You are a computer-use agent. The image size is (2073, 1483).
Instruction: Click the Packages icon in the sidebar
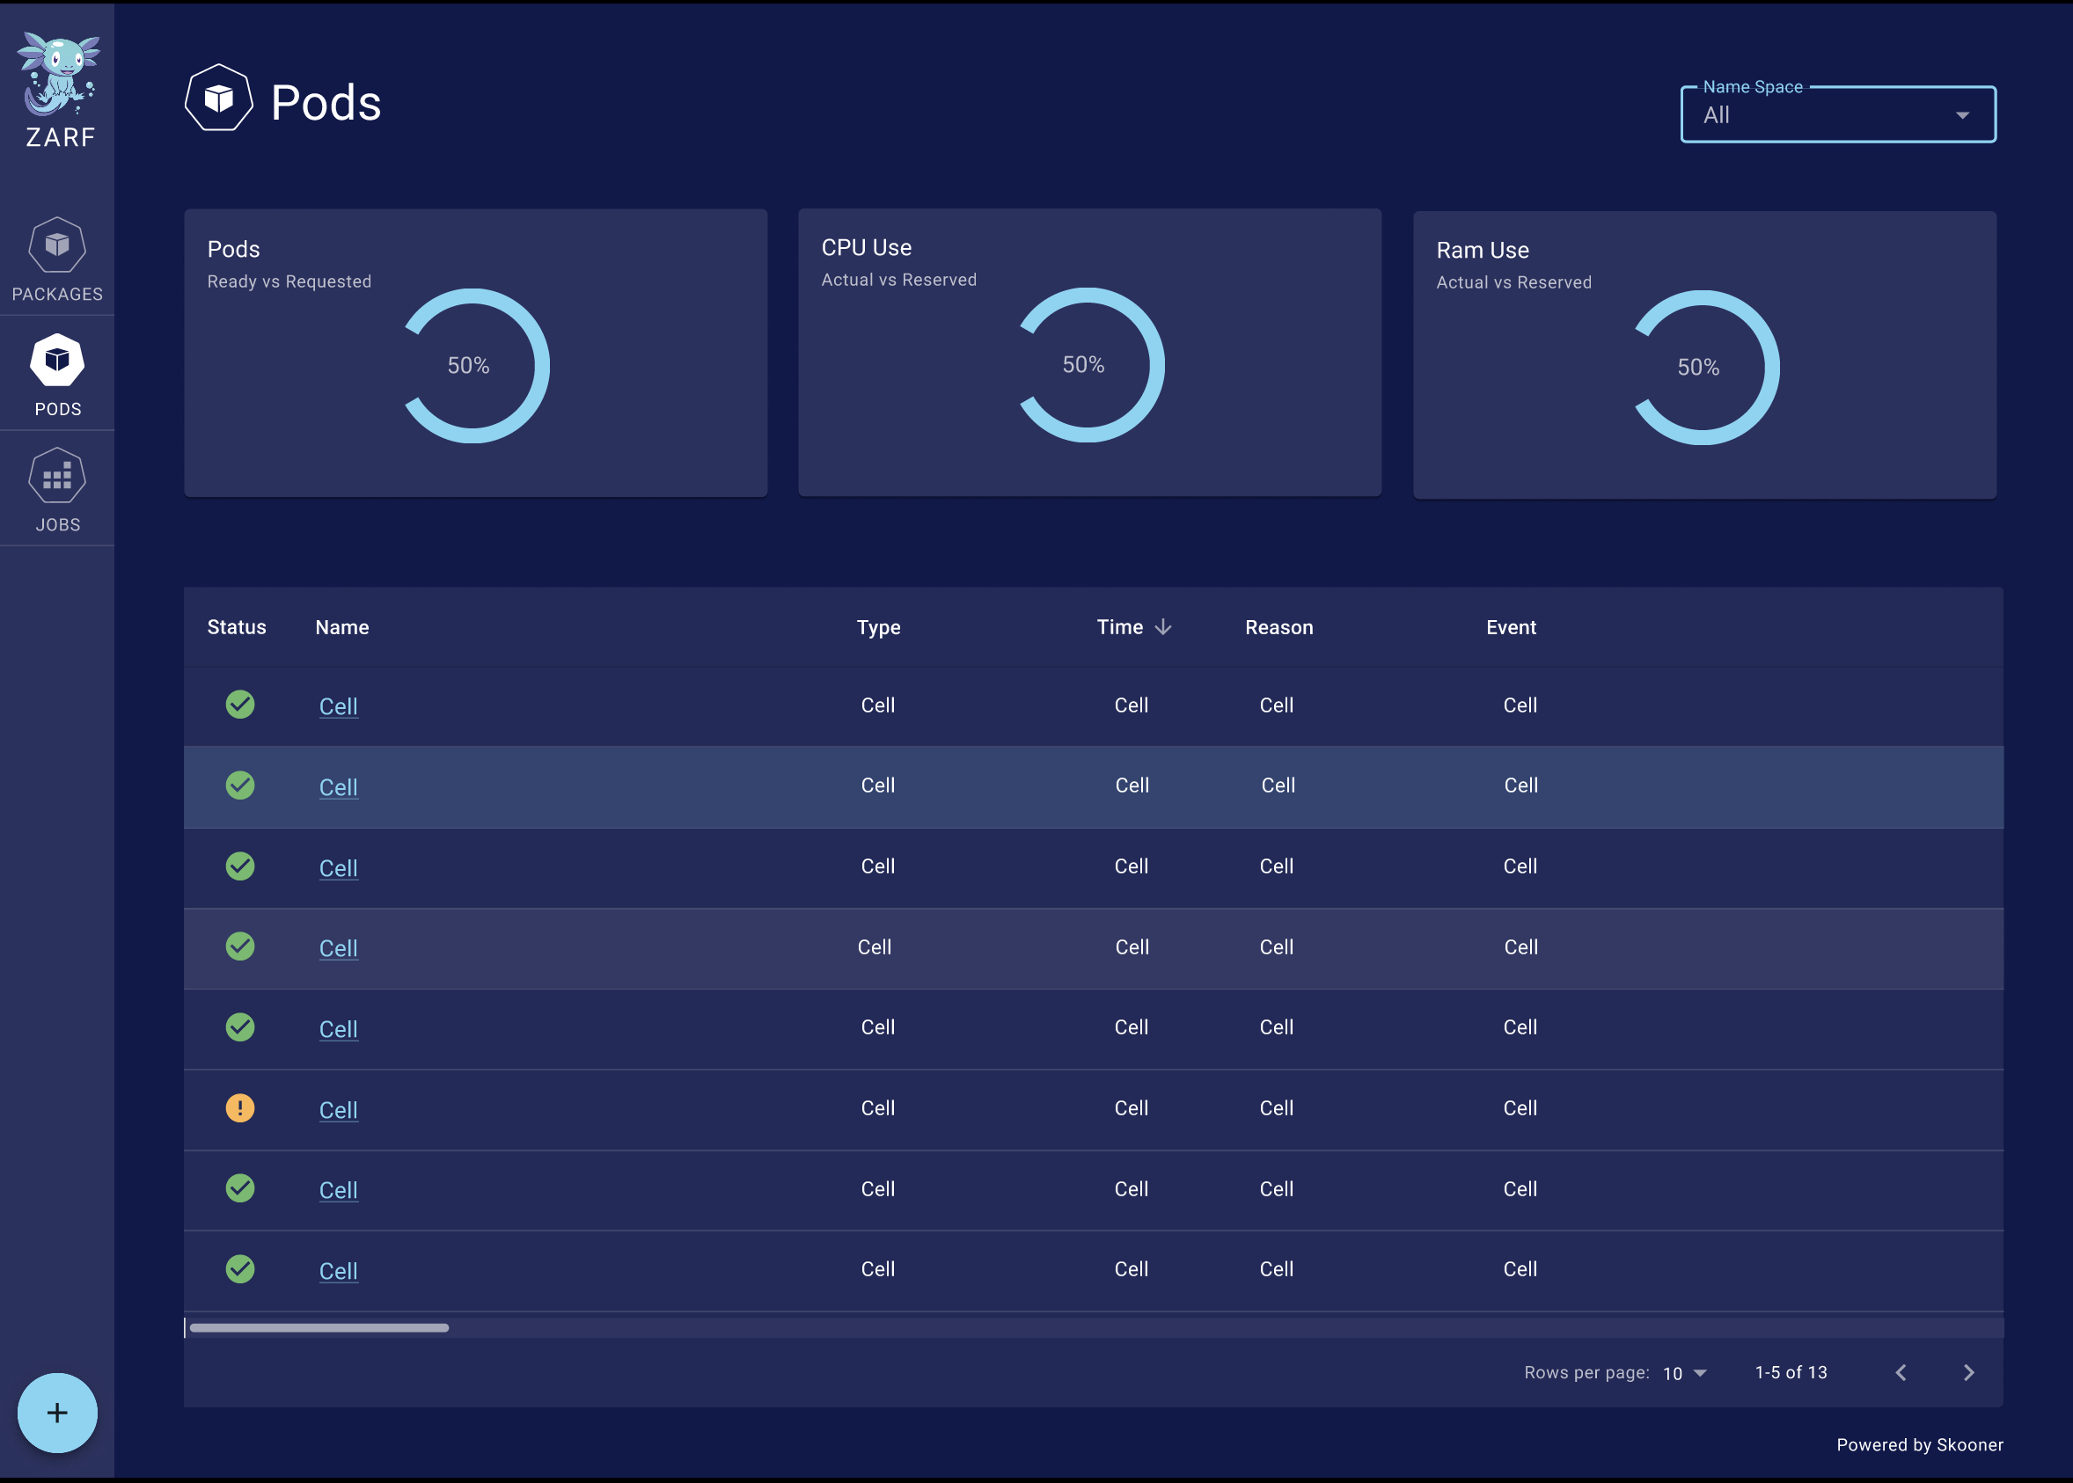coord(56,245)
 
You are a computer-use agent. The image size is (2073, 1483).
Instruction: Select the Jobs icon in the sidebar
coord(56,477)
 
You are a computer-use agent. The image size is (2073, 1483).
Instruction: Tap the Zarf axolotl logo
coord(58,76)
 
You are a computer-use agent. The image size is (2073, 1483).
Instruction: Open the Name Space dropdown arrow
coord(1961,116)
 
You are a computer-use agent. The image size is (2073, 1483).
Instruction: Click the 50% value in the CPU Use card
coord(1083,365)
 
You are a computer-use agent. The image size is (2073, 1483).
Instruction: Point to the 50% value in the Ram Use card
coord(1697,368)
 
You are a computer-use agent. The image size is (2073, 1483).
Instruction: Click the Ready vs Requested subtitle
coord(289,282)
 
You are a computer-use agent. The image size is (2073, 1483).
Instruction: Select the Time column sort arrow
coord(1162,627)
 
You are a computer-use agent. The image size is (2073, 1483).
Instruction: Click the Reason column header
coord(1278,627)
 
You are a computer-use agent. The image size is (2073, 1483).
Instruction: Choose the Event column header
coord(1511,627)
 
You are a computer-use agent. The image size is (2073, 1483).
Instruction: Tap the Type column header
coord(877,627)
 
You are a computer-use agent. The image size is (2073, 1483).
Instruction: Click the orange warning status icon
coord(240,1108)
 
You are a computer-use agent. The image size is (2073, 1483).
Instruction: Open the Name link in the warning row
coord(338,1110)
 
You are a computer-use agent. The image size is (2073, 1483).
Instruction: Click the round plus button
coord(57,1413)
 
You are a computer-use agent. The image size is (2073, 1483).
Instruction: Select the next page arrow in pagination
coord(1969,1372)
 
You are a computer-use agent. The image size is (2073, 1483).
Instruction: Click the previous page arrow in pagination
coord(1901,1372)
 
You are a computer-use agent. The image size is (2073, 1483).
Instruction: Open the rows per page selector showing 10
coord(1685,1373)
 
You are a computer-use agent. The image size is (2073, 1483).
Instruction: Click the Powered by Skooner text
coord(1920,1444)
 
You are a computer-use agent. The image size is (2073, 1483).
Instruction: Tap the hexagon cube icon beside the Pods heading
coord(219,99)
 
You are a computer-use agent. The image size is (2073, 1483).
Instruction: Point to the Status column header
coord(237,627)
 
